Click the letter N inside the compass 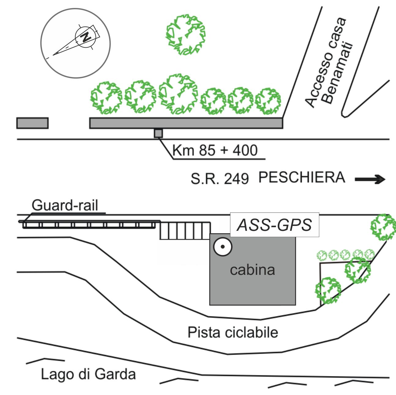coord(85,37)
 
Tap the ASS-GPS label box coord(275,225)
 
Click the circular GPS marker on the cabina coord(223,246)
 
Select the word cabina coord(252,270)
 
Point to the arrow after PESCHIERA coord(370,179)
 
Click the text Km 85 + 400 coord(215,150)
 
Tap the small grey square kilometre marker coord(158,133)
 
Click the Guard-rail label coord(65,205)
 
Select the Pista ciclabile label coord(233,332)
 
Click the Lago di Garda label coord(88,374)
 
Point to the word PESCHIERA coord(302,178)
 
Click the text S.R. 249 coord(219,179)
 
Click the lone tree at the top coord(185,34)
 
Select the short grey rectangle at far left coord(32,123)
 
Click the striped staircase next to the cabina coord(185,231)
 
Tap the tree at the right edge coord(383,227)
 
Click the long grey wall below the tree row coord(186,123)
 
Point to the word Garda coord(115,374)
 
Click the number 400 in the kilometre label coord(245,150)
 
